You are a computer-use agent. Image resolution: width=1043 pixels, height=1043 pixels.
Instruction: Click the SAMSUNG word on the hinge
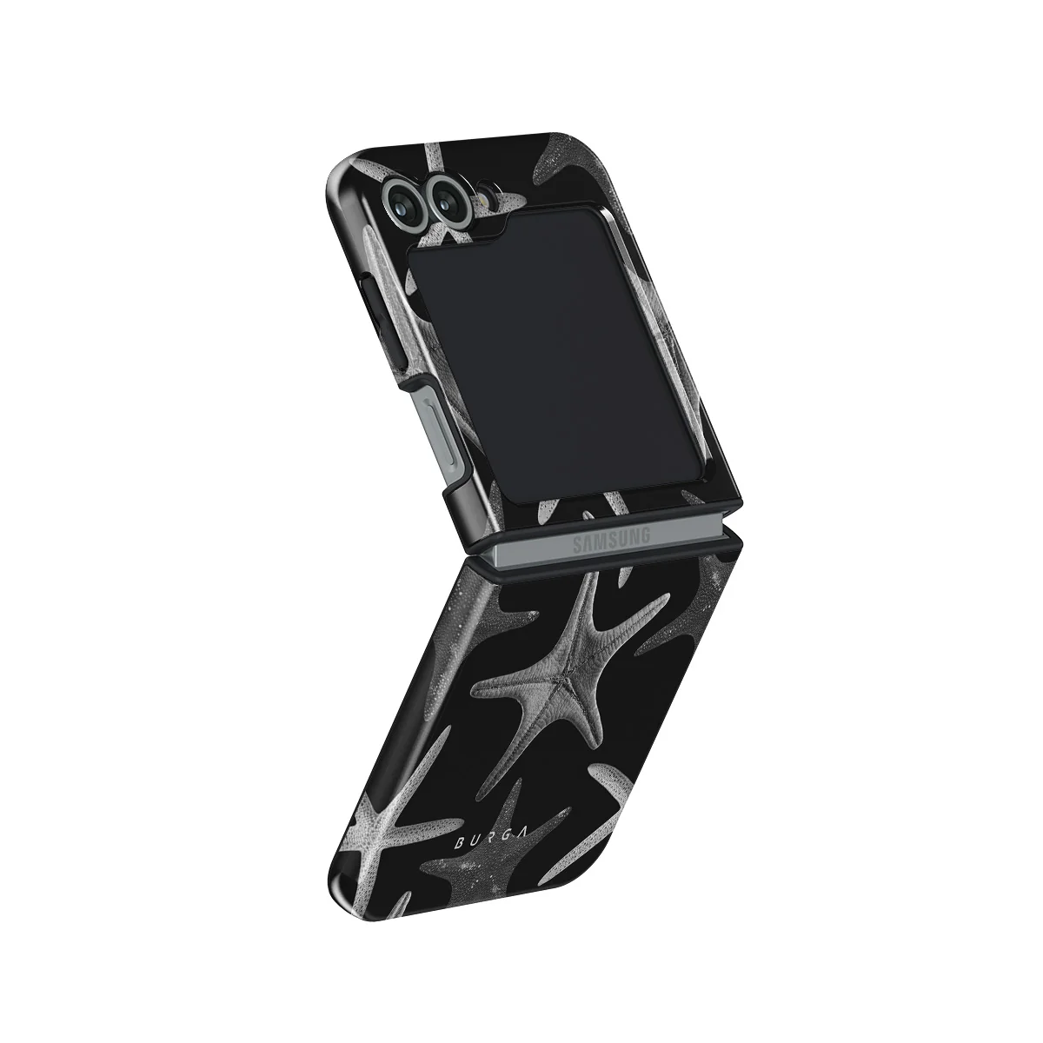tap(611, 541)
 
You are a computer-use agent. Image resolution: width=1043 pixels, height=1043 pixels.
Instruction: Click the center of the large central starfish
tap(567, 681)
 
